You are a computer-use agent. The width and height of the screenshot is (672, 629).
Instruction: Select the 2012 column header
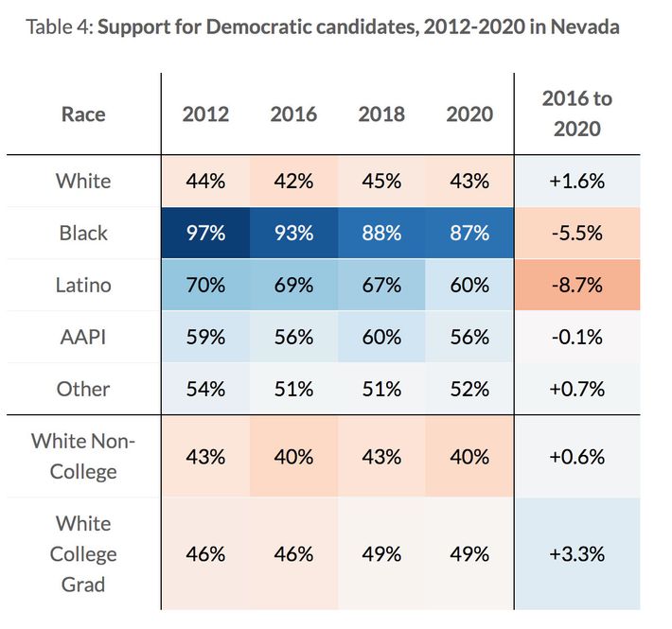coord(205,114)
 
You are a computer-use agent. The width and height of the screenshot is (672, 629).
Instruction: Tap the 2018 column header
coord(381,114)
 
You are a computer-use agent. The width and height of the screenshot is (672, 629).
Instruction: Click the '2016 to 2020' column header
coord(576,114)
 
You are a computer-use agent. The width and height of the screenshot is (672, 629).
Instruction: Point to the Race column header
coord(83,114)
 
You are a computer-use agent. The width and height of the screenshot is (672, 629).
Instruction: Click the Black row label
coord(83,233)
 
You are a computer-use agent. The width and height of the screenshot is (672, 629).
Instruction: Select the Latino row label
coord(83,285)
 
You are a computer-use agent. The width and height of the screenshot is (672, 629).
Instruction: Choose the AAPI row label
coord(83,337)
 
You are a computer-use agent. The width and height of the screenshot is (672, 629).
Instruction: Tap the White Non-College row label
coord(83,455)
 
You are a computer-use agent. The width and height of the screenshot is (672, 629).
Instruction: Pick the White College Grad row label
coord(83,553)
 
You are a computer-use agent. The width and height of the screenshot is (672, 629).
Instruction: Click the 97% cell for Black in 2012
coord(205,233)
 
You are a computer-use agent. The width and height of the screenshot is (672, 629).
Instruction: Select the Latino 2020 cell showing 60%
coord(469,285)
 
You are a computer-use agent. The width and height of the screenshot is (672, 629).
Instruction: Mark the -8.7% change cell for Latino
coord(576,285)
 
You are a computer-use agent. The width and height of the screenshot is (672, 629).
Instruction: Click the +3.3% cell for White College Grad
coord(576,553)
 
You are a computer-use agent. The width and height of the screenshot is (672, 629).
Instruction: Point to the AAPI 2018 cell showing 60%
coord(381,337)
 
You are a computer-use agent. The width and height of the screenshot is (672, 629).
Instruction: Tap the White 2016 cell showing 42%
coord(293,181)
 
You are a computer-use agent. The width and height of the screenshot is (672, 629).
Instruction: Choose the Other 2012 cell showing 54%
coord(205,389)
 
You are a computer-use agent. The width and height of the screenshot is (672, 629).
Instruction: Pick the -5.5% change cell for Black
coord(576,233)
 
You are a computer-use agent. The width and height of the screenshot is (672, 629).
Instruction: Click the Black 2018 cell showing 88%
coord(381,233)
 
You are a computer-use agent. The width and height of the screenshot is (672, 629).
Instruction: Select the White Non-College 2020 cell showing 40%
coord(469,455)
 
